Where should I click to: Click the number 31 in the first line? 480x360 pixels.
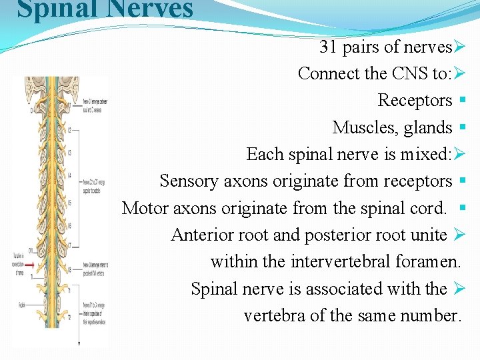point(328,47)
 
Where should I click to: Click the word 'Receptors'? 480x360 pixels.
point(415,101)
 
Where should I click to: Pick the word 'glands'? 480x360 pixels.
point(429,127)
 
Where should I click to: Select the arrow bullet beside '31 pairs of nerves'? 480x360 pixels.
point(458,47)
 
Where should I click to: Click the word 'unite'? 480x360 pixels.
point(427,235)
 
